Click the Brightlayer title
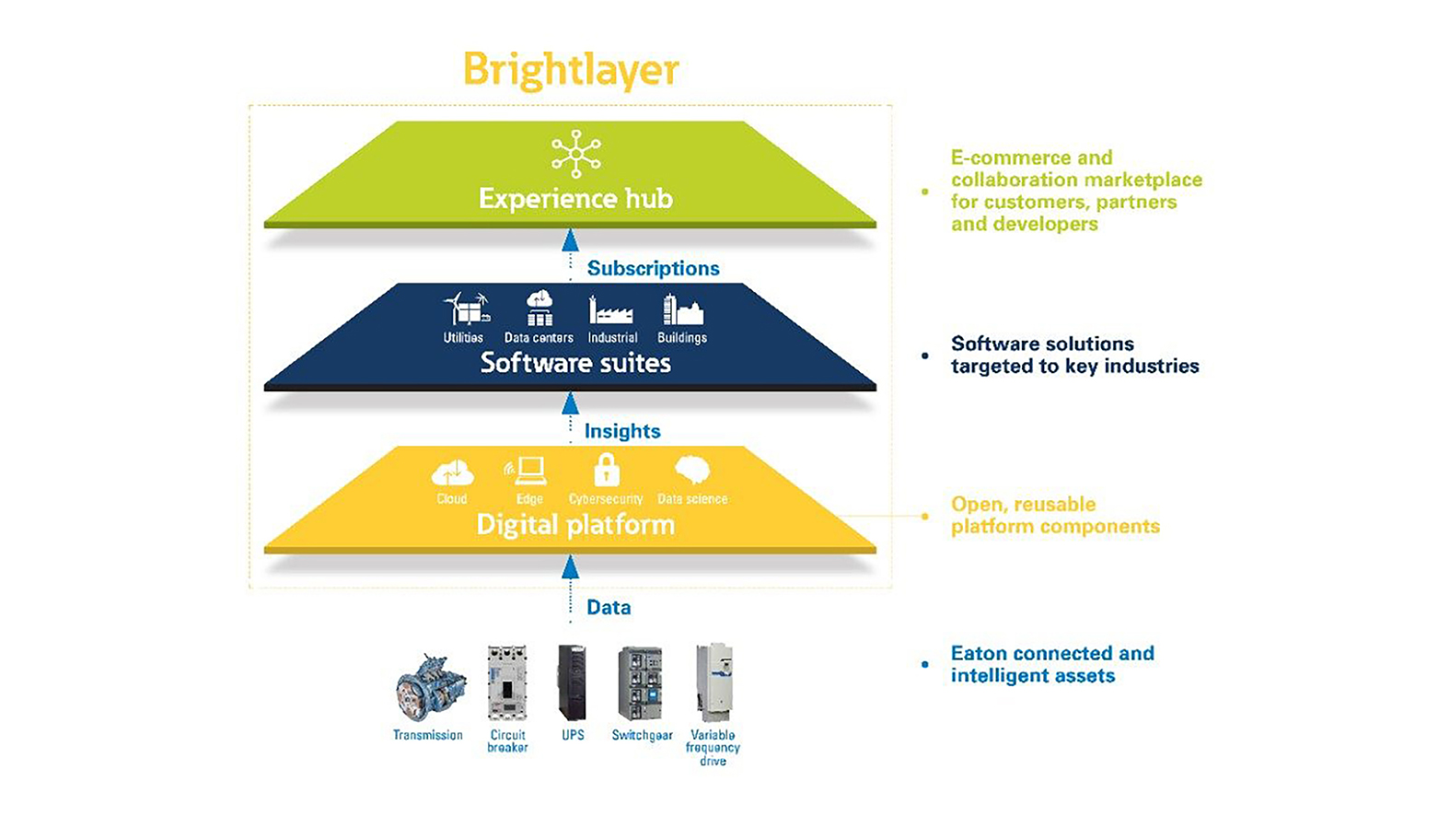tap(571, 70)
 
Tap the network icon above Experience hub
tap(575, 153)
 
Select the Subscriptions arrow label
tap(653, 268)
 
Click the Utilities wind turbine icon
tap(466, 309)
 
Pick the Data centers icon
tap(539, 309)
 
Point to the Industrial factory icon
tap(611, 310)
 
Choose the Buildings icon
tap(682, 310)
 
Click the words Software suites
tap(575, 363)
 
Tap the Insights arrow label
tap(622, 431)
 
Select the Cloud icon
tap(452, 472)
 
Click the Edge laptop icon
tap(528, 471)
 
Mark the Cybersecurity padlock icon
tap(606, 470)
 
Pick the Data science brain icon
tap(692, 471)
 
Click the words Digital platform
tap(575, 525)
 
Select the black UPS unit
tap(572, 682)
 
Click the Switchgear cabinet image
tap(641, 683)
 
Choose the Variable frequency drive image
tap(713, 682)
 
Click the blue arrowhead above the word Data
tap(571, 566)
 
